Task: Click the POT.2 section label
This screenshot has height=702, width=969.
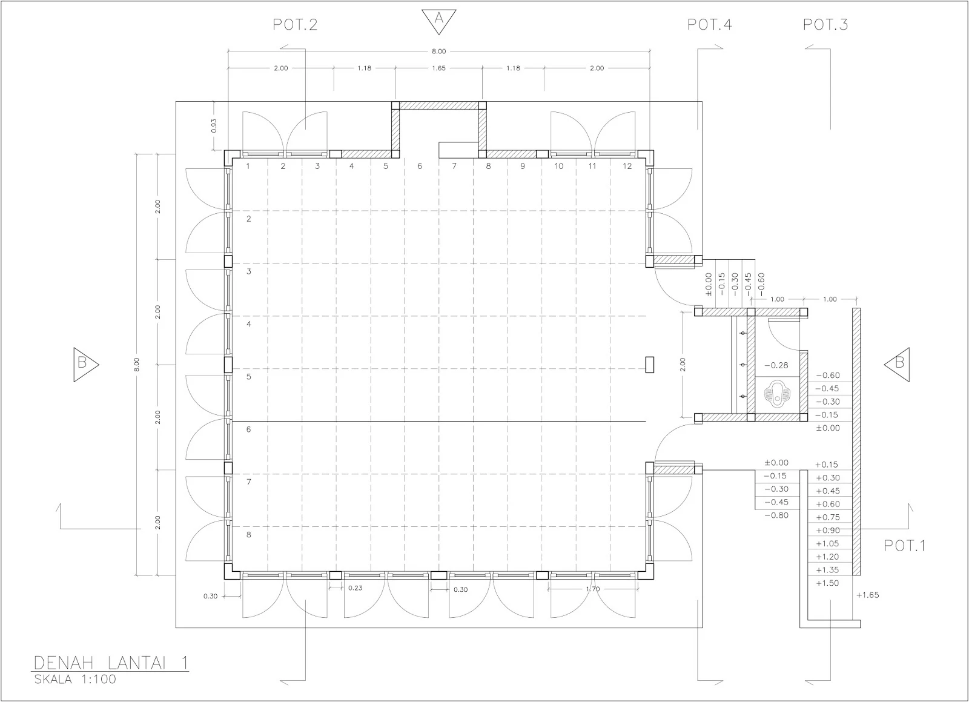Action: point(295,24)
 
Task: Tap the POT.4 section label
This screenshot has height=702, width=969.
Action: point(709,24)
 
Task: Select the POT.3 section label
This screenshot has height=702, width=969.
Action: point(825,24)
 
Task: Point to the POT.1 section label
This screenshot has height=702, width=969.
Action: point(905,545)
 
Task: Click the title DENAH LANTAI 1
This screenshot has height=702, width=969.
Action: point(111,663)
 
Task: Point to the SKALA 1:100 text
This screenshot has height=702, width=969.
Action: point(75,679)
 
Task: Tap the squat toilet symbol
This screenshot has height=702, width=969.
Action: point(778,394)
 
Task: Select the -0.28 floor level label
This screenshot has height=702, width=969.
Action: point(776,365)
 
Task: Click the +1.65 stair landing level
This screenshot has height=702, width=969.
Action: point(868,595)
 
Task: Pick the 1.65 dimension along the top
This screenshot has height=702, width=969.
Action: point(438,68)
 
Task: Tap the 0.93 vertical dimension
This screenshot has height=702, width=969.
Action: point(214,126)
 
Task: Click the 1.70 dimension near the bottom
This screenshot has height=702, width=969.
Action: point(593,589)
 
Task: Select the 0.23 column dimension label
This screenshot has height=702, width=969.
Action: point(355,588)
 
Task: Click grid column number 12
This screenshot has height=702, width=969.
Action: point(627,166)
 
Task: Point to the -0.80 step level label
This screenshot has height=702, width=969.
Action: point(776,515)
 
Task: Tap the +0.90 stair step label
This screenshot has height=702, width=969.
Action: point(827,530)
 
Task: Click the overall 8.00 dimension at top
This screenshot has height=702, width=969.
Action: point(438,51)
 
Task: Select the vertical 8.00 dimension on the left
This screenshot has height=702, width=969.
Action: point(137,365)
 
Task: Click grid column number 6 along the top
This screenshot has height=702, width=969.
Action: point(420,166)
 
